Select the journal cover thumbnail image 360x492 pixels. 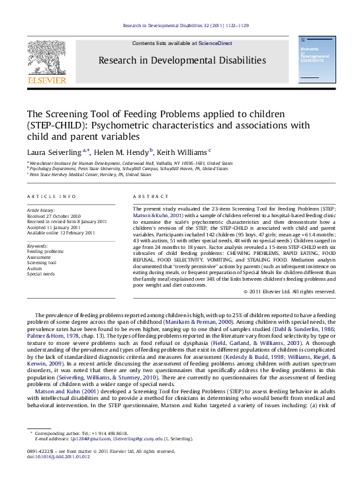click(x=316, y=60)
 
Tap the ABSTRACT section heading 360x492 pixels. click(x=146, y=197)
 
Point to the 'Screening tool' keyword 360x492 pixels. click(x=42, y=262)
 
